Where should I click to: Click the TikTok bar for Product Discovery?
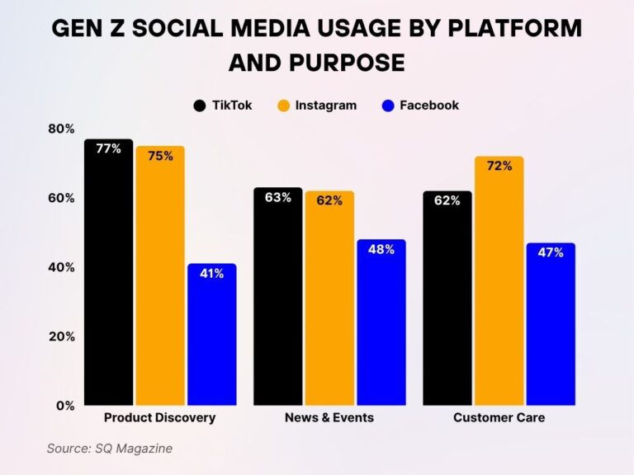pos(108,272)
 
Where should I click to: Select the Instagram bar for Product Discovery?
pos(160,275)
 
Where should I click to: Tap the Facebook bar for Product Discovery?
pos(211,334)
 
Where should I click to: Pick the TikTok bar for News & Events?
pos(277,296)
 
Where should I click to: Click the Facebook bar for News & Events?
pos(381,322)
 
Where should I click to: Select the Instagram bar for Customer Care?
pos(499,280)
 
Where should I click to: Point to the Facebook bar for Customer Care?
pos(550,323)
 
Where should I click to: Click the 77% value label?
pos(108,149)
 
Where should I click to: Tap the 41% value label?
pos(211,274)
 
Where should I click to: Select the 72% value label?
pos(499,166)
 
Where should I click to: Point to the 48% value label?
pos(381,249)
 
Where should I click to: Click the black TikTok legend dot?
pos(200,106)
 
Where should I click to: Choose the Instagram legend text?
pos(326,106)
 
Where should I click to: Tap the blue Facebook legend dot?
pos(388,106)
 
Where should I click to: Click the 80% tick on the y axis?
pos(62,129)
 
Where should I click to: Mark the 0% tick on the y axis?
pos(66,406)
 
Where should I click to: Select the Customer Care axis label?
pos(499,418)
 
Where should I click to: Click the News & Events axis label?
pos(329,418)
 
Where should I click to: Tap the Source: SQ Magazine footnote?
pos(109,449)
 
